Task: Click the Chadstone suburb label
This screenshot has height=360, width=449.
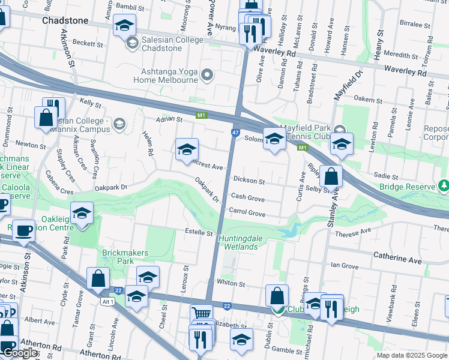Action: [x=65, y=20]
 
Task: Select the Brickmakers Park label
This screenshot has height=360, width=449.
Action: [x=125, y=257]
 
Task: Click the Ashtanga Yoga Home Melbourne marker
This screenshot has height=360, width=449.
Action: [x=208, y=75]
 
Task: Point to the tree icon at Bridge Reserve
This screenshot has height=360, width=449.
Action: [x=444, y=187]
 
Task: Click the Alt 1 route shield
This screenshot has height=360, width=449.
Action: [x=106, y=301]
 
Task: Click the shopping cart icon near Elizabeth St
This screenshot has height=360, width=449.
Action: [x=202, y=314]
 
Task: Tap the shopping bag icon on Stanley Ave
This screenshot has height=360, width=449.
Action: [x=331, y=176]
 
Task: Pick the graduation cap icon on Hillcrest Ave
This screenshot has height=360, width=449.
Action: [x=187, y=149]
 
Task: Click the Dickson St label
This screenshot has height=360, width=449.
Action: [x=249, y=181]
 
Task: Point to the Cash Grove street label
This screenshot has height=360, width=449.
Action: [x=248, y=197]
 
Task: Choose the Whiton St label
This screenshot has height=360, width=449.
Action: [x=231, y=283]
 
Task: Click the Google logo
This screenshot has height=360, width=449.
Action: [x=20, y=353]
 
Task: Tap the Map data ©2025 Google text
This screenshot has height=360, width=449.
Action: [x=411, y=355]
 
